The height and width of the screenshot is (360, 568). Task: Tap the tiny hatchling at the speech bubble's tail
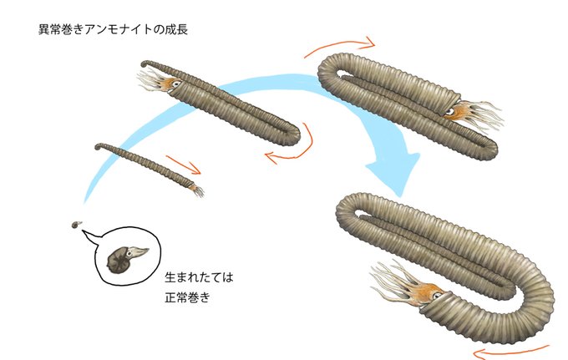point(75,224)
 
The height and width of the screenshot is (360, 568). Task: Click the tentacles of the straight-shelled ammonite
point(199,191)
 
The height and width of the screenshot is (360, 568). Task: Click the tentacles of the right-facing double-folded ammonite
point(484,117)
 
